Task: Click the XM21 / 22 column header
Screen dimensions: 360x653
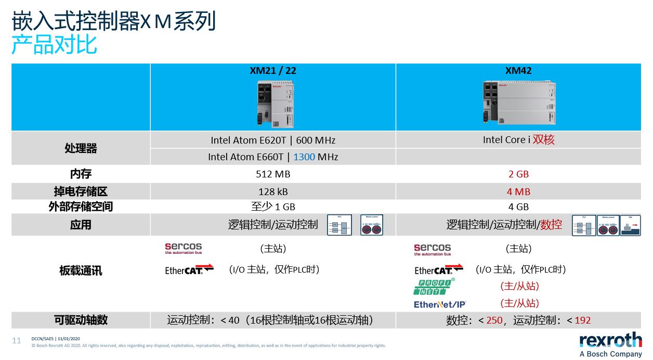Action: click(273, 71)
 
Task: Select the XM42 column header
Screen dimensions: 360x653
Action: click(518, 71)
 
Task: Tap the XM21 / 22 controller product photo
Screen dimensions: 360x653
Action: click(273, 102)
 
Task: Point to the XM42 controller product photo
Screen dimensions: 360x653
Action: click(519, 102)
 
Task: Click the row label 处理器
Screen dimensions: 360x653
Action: click(81, 148)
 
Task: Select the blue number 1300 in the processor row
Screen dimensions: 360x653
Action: click(304, 157)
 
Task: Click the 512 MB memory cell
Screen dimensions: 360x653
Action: click(273, 174)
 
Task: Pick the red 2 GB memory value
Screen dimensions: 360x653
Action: click(518, 174)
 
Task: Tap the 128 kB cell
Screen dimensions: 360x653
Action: click(273, 191)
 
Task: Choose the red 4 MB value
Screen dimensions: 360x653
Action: click(518, 191)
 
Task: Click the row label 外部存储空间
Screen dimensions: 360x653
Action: click(81, 207)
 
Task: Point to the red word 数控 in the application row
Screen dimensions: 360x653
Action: click(551, 225)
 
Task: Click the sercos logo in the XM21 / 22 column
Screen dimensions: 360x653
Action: click(183, 249)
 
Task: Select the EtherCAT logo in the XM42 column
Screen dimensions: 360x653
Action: click(439, 269)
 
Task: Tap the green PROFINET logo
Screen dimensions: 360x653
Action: click(435, 287)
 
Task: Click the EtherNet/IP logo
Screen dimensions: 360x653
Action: click(440, 304)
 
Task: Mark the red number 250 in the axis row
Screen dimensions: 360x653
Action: click(494, 320)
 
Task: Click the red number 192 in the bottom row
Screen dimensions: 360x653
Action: click(582, 320)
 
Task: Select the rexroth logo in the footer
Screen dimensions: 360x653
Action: click(610, 341)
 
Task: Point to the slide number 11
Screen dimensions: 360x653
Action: click(17, 341)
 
